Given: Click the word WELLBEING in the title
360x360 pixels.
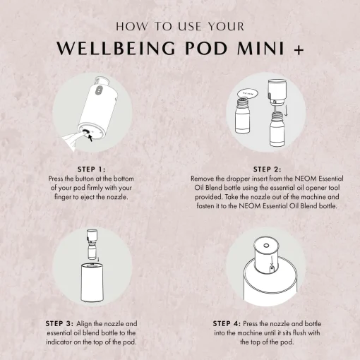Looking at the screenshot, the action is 116,48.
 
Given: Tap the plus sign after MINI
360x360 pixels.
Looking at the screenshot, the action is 299,50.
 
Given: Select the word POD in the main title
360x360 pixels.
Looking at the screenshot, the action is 206,48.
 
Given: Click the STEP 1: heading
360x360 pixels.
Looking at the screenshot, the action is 92,169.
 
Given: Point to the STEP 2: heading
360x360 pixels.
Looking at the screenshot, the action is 267,169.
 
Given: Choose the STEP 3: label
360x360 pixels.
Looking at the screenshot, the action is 59,323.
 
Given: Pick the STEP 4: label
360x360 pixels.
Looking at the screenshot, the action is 227,323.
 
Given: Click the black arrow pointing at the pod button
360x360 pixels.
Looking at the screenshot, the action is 90,138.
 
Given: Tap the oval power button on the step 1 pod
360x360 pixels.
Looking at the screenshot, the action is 99,90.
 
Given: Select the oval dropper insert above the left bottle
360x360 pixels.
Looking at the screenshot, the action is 247,94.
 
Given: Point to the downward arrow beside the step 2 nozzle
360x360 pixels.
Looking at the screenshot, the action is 286,110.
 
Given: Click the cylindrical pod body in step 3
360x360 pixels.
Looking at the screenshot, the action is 92,283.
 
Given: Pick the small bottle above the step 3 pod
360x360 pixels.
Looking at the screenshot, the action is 92,252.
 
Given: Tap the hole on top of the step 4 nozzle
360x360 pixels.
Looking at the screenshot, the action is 266,246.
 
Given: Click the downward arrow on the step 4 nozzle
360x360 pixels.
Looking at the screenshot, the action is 272,260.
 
